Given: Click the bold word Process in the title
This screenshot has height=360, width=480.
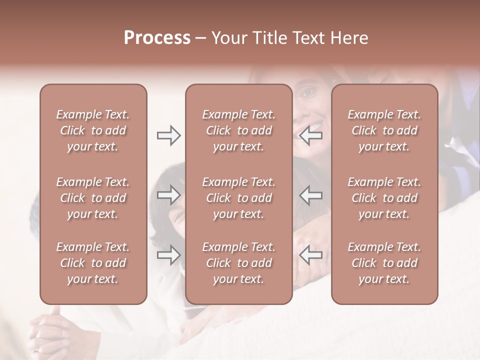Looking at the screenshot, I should click(x=157, y=38).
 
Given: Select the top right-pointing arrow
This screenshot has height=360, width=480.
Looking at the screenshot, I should click(x=168, y=135).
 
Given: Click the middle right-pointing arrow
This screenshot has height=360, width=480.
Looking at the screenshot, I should click(x=168, y=195).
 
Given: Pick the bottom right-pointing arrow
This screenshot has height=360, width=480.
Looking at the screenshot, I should click(x=168, y=254).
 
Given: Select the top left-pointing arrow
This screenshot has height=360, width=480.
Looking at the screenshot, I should click(x=311, y=135).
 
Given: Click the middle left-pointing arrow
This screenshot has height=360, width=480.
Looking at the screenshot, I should click(x=311, y=195).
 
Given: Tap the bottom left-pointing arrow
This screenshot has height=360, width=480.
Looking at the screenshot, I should click(x=311, y=254).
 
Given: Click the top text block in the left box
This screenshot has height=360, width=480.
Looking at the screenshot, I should click(x=93, y=130).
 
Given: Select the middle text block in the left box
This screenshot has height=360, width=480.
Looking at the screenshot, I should click(x=93, y=198).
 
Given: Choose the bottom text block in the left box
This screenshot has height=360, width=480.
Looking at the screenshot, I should click(x=93, y=263).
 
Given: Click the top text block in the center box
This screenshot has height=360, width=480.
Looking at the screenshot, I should click(x=238, y=130).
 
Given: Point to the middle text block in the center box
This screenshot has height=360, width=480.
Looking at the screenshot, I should click(x=238, y=198).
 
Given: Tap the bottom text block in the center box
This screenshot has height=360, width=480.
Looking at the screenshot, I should click(x=238, y=263).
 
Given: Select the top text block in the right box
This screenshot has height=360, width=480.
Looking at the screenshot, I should click(x=384, y=130).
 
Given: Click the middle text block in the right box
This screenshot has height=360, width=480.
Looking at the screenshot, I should click(x=384, y=198).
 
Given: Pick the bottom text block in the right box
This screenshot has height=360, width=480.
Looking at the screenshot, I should click(x=384, y=263).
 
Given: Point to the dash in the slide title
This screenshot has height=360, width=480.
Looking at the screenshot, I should click(x=201, y=39).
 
